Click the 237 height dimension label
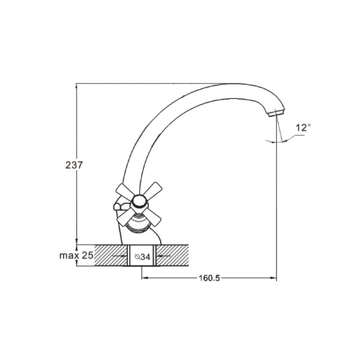click(x=74, y=165)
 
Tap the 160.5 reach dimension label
click(x=209, y=278)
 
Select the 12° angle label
click(x=303, y=127)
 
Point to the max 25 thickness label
click(x=76, y=256)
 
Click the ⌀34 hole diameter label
click(x=143, y=257)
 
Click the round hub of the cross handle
click(x=139, y=202)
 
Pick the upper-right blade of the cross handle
click(x=152, y=191)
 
